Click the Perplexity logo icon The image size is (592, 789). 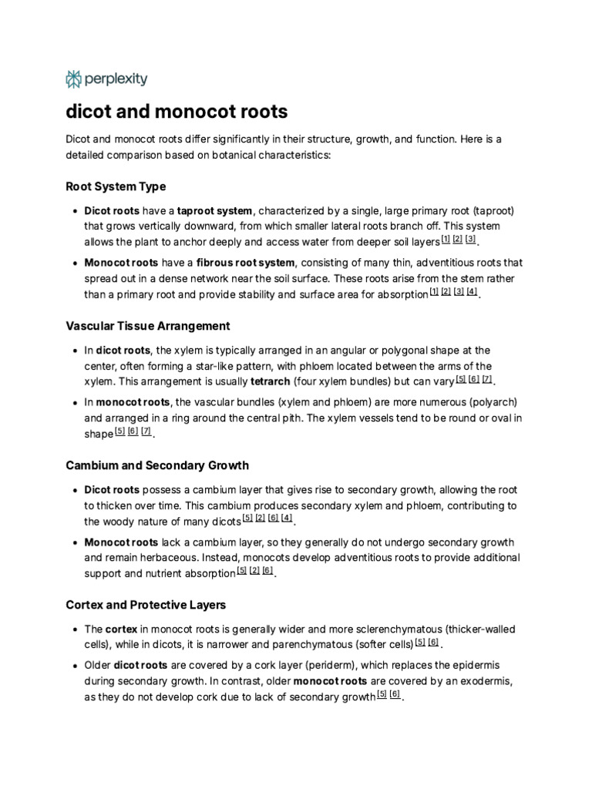coord(74,79)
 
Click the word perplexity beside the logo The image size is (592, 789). coord(116,79)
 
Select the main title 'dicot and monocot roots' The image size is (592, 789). coord(177,112)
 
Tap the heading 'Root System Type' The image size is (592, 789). coord(116,186)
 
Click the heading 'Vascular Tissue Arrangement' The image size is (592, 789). coord(148,326)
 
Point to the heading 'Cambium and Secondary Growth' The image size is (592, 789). coord(157,465)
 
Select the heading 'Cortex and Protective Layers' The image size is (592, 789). coord(146,605)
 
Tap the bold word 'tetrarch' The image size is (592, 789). coord(271,381)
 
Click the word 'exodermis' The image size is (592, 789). coord(485,681)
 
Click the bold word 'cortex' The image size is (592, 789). coord(121,629)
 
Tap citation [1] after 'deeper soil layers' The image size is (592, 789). coord(445,239)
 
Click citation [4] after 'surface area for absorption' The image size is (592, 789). coord(472,291)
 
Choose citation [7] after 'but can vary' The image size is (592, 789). coord(486,378)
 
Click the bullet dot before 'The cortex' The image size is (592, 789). coord(73,629)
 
